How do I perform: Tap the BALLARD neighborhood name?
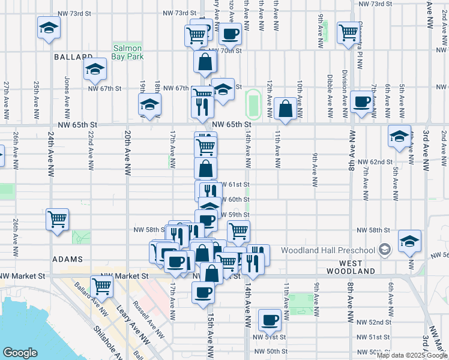71,57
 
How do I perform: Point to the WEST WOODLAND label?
358,267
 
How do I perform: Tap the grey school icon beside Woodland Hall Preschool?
384,250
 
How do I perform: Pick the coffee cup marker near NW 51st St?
270,320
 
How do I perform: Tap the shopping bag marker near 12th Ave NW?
286,109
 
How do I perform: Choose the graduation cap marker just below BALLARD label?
95,69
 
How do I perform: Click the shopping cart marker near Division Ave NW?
348,32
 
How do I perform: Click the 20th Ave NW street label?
127,152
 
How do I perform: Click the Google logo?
20,352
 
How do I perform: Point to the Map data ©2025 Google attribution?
412,355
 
